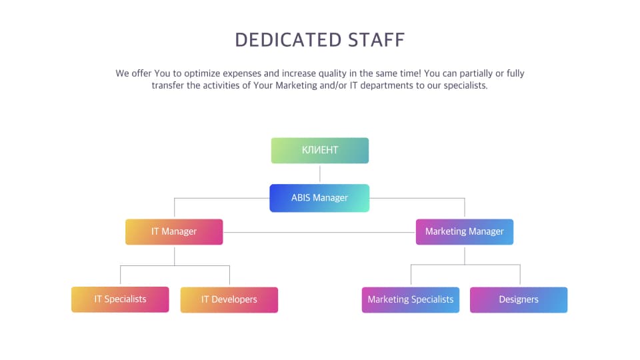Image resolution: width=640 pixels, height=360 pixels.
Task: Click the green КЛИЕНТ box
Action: pyautogui.click(x=319, y=150)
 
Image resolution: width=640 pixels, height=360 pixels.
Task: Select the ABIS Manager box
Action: pyautogui.click(x=319, y=198)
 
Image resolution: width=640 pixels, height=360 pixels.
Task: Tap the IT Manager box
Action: pyautogui.click(x=174, y=232)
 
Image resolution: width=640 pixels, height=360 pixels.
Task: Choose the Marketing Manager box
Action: pyautogui.click(x=465, y=232)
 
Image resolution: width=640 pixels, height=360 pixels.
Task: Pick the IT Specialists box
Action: pyautogui.click(x=120, y=299)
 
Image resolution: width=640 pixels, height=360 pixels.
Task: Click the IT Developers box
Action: pyautogui.click(x=229, y=299)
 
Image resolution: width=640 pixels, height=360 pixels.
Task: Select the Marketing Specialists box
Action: pyautogui.click(x=410, y=299)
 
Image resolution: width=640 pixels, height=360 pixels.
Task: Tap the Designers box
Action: pyautogui.click(x=519, y=299)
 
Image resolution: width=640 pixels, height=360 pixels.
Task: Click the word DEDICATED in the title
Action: pyautogui.click(x=288, y=40)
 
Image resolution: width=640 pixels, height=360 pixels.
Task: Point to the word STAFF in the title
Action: pyautogui.click(x=376, y=40)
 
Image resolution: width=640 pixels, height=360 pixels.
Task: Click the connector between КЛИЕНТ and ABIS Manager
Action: pyautogui.click(x=319, y=173)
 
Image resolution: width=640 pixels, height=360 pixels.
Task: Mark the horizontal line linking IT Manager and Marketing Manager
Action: pyautogui.click(x=319, y=232)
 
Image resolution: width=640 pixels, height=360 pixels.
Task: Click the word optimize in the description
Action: pyautogui.click(x=202, y=74)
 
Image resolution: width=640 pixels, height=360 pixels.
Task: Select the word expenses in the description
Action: pyautogui.click(x=241, y=74)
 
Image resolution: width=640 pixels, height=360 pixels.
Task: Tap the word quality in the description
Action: pyautogui.click(x=332, y=74)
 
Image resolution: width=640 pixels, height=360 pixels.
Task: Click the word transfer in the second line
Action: pyautogui.click(x=168, y=85)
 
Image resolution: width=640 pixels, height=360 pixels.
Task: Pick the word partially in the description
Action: pyautogui.click(x=476, y=74)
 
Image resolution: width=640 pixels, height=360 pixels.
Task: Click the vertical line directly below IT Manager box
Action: pyautogui.click(x=174, y=255)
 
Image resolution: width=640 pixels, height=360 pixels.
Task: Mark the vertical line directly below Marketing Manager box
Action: pyautogui.click(x=465, y=255)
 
